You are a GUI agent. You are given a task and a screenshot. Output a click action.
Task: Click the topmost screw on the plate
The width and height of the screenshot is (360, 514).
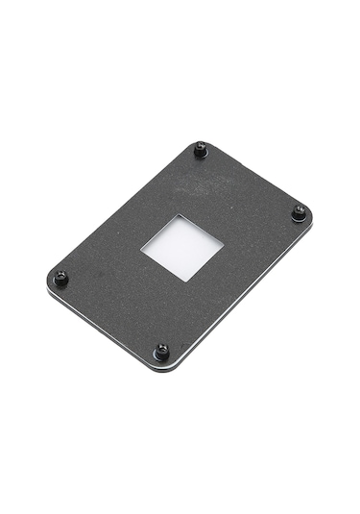click(x=200, y=149)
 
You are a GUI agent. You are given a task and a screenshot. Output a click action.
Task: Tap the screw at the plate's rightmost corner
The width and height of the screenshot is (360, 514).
click(x=299, y=212)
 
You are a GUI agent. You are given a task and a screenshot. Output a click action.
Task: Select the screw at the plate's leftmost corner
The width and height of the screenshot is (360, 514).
click(x=60, y=277)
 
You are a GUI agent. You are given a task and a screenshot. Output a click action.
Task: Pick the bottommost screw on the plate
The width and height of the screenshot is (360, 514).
click(x=161, y=350)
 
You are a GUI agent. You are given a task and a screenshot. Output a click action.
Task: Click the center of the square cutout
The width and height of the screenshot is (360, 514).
click(x=181, y=247)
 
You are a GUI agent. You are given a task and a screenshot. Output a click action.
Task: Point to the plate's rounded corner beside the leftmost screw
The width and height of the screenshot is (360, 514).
click(x=50, y=281)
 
